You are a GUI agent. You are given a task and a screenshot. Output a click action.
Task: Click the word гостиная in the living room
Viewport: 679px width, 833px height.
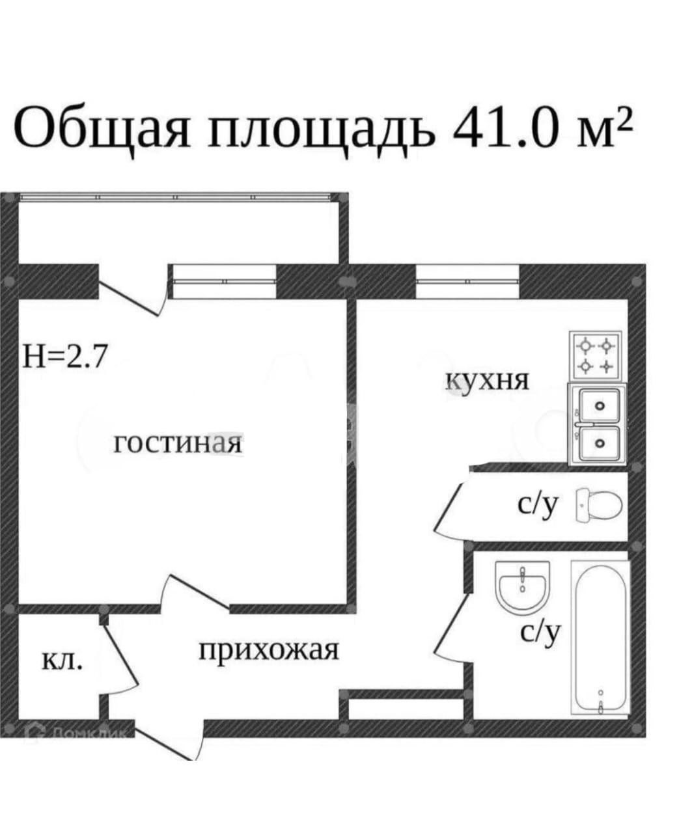point(178,444)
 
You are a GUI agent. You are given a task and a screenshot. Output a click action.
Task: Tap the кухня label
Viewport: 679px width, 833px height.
point(488,381)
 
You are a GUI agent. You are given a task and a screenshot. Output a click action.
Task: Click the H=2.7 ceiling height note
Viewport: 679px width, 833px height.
point(64,357)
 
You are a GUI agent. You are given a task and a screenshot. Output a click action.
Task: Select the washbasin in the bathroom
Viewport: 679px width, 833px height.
point(523,586)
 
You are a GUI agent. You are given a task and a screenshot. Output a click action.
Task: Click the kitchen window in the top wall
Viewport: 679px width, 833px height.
point(467,281)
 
